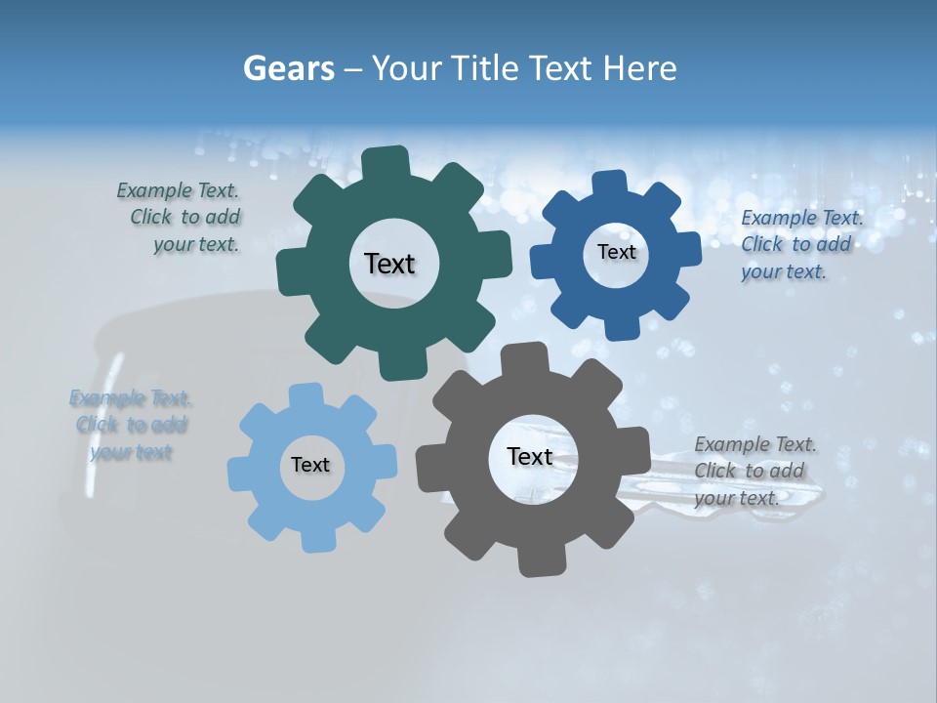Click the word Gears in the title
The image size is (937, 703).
click(288, 68)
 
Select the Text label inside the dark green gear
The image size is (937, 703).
click(389, 264)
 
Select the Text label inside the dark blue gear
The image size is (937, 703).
click(616, 252)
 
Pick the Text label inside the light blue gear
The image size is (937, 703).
click(310, 465)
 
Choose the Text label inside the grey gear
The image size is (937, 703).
click(530, 456)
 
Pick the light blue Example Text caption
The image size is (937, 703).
click(131, 425)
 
